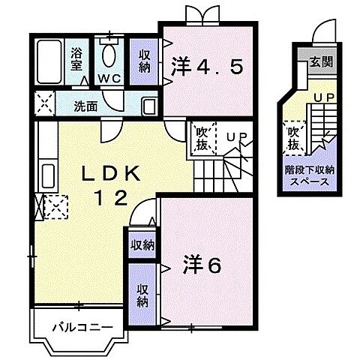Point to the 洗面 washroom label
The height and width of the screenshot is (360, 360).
pyautogui.click(x=85, y=106)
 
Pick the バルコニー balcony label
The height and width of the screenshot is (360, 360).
pyautogui.click(x=82, y=327)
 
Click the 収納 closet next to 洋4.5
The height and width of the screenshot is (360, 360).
pyautogui.click(x=144, y=61)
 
